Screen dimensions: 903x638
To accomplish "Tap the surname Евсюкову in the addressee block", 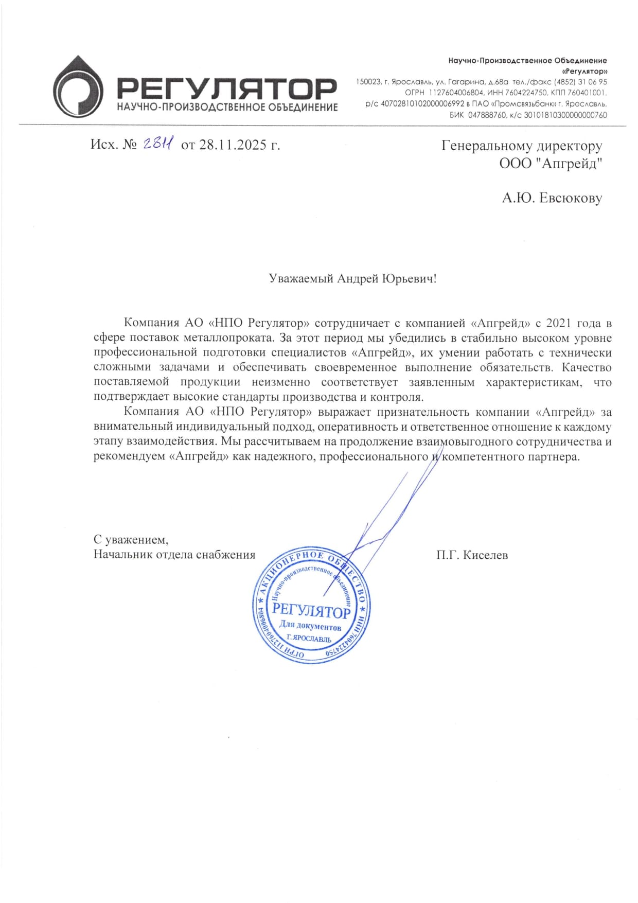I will tap(570, 198).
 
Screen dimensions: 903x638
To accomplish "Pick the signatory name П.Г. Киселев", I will tap(472, 555).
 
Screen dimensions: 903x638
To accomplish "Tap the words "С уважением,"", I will tap(131, 540).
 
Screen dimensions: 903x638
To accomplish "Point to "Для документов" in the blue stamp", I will tap(310, 626).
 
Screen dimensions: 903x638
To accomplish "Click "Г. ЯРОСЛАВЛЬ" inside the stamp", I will tap(309, 639).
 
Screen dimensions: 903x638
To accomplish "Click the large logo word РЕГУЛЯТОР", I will tap(227, 89).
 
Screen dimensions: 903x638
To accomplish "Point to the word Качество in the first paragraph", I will tap(587, 368).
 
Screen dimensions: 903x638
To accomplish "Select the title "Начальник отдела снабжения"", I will tap(174, 555).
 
